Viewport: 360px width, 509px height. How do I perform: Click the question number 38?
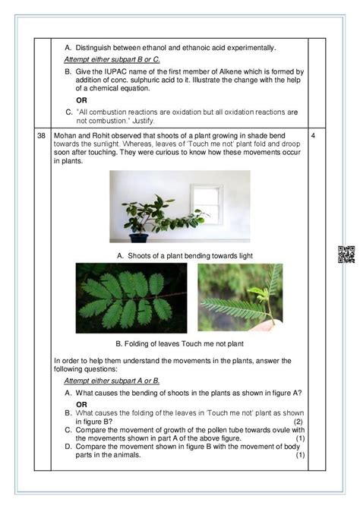[x=40, y=134]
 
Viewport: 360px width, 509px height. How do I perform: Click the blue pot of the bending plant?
[x=139, y=238]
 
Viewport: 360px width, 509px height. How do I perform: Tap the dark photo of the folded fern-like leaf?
[x=131, y=298]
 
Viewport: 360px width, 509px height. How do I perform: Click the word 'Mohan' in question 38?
[x=67, y=134]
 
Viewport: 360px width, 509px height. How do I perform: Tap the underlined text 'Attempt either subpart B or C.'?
[x=112, y=58]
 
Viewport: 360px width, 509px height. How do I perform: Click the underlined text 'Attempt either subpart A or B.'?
[x=112, y=380]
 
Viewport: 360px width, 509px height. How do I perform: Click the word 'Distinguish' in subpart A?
[x=96, y=47]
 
